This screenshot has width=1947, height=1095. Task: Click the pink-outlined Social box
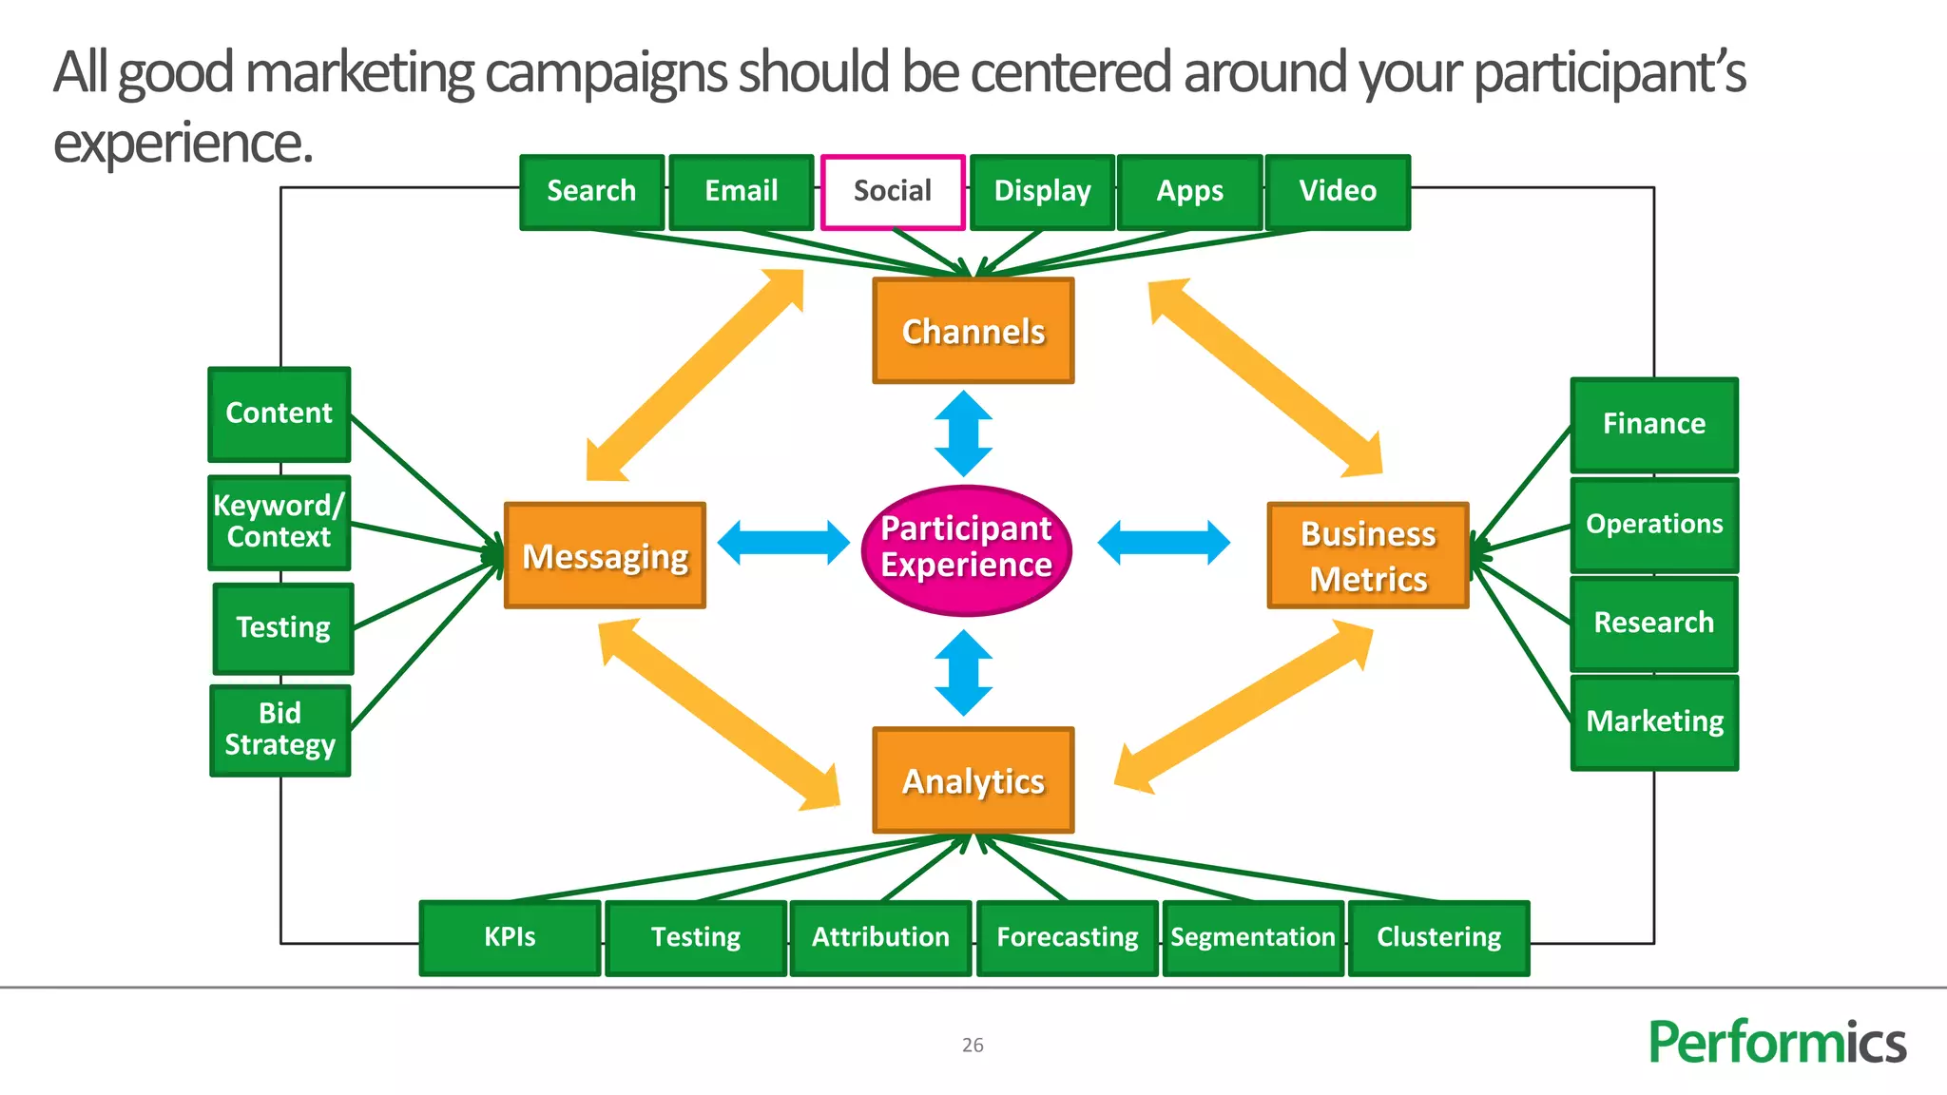[893, 192]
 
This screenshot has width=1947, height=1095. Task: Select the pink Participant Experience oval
[966, 549]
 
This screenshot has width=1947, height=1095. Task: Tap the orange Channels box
[973, 331]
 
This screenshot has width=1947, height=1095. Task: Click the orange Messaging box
[605, 555]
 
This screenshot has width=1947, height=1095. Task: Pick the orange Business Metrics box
[1367, 555]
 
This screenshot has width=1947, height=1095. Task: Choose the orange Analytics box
[973, 780]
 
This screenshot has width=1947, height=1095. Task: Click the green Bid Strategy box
[280, 730]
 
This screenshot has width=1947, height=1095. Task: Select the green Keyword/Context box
[280, 522]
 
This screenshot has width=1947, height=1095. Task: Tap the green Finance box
[1653, 424]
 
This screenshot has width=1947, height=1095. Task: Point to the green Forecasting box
[1067, 937]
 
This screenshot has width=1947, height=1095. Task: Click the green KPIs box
[510, 937]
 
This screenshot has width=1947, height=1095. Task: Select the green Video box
[1338, 192]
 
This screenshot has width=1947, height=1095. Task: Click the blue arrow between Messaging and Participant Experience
[782, 543]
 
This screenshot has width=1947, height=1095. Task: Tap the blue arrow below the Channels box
[963, 433]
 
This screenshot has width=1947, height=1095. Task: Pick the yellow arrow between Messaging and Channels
[695, 375]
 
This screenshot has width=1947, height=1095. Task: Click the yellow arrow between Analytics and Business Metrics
[1243, 707]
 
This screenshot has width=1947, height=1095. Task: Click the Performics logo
[1776, 1042]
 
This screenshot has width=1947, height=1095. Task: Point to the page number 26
[973, 1045]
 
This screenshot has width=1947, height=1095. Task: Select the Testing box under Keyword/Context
[283, 628]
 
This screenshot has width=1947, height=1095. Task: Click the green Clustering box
[1438, 937]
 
